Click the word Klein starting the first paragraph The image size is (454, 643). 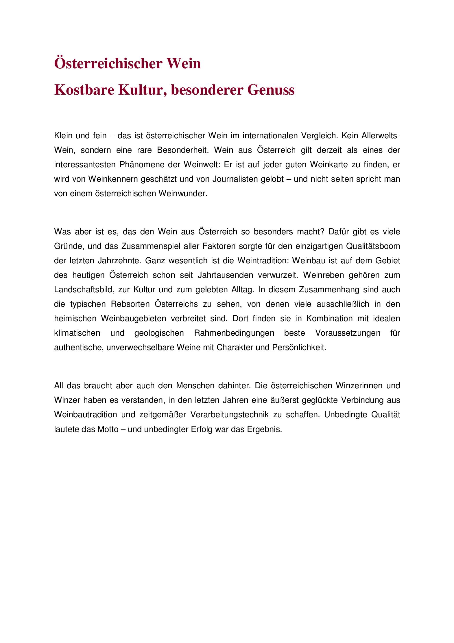(x=63, y=136)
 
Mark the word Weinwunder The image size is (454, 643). (x=182, y=194)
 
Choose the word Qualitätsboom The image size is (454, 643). (x=373, y=246)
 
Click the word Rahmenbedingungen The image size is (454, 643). (x=234, y=333)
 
